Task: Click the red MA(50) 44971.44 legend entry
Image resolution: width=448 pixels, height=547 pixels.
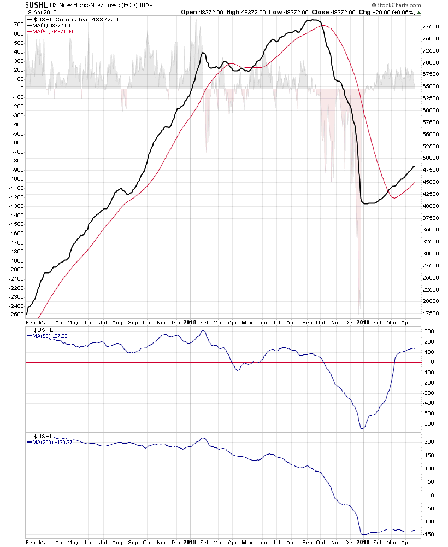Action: point(52,32)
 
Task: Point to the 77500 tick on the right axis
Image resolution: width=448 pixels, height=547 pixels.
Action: point(431,27)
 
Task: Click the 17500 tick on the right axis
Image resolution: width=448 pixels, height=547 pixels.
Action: point(431,313)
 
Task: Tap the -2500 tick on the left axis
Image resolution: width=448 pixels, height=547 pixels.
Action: point(16,315)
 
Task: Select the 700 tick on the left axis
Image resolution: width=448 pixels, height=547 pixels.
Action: point(18,25)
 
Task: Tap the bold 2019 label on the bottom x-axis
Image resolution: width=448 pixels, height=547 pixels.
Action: point(363,542)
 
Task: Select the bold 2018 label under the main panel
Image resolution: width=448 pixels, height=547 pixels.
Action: point(190,322)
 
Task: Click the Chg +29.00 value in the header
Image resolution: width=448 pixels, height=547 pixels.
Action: point(386,12)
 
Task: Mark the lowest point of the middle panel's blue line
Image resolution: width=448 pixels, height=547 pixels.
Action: point(362,428)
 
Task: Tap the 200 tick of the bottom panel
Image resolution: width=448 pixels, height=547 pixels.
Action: point(429,442)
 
